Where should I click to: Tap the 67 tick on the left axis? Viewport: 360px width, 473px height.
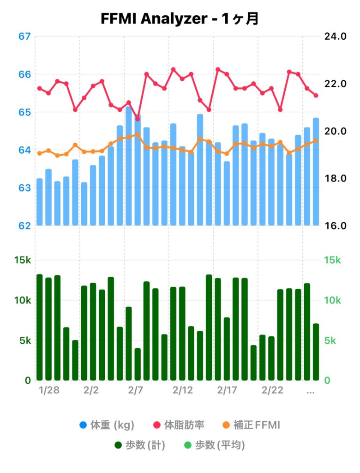point(24,36)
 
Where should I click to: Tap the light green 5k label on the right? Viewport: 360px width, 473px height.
point(331,340)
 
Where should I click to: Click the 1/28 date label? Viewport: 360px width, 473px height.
point(49,391)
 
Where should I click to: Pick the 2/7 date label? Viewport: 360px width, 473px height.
point(135,391)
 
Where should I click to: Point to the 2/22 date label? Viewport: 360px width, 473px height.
point(272,391)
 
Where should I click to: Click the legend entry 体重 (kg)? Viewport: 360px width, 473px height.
point(107,424)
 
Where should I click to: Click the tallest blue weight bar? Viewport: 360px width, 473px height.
point(129,166)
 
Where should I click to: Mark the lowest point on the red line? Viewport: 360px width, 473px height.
point(138,119)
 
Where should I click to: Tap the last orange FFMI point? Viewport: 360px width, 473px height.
point(316,141)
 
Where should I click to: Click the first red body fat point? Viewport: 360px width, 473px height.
point(40,88)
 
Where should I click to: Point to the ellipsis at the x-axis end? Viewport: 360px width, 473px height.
point(311,391)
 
